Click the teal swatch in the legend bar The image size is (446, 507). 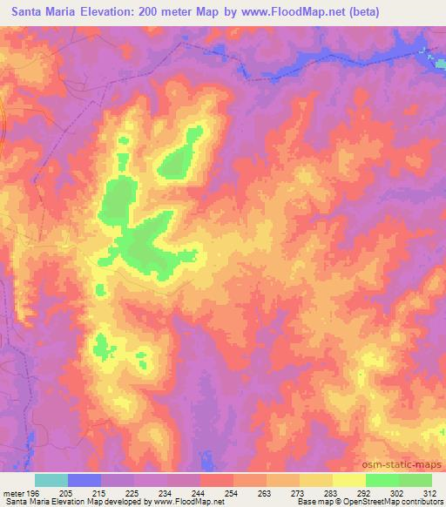pos(51,480)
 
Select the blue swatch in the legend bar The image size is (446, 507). pos(84,480)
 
